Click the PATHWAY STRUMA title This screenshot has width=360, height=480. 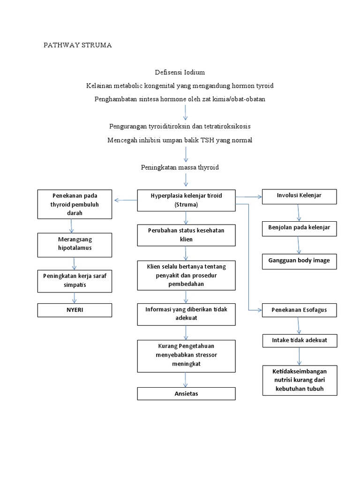pos(78,45)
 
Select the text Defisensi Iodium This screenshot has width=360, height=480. pos(180,72)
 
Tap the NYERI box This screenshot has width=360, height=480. pos(75,310)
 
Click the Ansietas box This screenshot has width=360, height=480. pos(186,393)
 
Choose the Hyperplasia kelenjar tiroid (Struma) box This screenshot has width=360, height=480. pos(186,200)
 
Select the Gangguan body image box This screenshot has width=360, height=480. pos(299,261)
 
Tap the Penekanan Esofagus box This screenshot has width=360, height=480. pos(299,310)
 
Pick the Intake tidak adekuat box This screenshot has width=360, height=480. pos(299,340)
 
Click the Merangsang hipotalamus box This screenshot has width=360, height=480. pos(75,245)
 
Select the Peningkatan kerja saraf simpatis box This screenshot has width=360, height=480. pos(75,280)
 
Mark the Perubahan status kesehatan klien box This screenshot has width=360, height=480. pos(186,235)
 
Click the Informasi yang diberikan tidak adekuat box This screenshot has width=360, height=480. pos(186,314)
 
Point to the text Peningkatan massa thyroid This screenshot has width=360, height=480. pos(180,167)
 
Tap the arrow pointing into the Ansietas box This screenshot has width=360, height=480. pos(187,379)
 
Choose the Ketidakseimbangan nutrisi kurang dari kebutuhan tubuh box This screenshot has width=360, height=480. pos(299,380)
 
